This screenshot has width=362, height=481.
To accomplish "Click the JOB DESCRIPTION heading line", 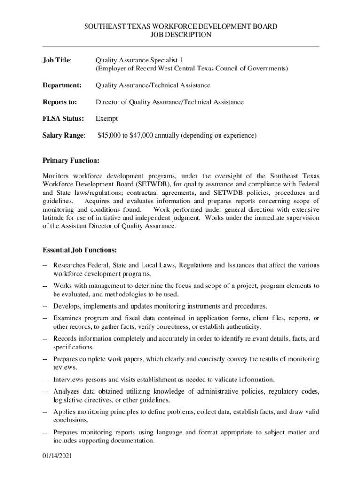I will [x=181, y=35].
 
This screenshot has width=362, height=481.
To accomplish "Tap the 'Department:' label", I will [x=62, y=85].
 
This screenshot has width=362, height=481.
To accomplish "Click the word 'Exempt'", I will [x=107, y=119].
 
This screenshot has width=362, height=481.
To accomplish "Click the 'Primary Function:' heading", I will [x=71, y=161].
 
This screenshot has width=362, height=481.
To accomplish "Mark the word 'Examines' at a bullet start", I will [x=68, y=318].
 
